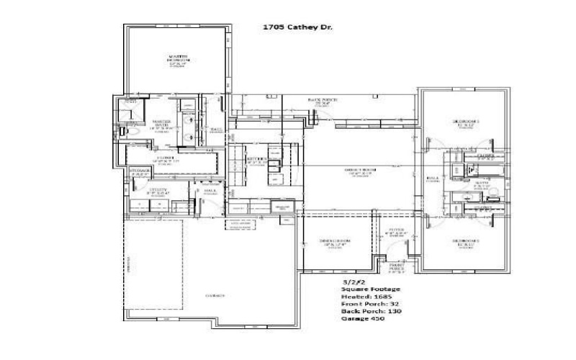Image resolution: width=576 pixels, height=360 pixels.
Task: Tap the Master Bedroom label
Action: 178,59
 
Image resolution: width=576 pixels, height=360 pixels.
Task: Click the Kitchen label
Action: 257,160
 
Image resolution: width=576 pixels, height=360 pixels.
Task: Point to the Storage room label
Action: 139,171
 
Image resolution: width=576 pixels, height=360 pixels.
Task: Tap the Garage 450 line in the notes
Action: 363,318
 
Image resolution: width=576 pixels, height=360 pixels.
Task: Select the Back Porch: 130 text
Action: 371,311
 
